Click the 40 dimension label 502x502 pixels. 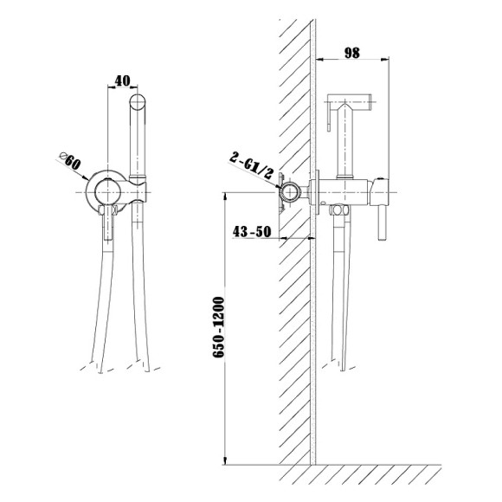[x=122, y=80]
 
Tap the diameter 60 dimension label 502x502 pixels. [x=70, y=161]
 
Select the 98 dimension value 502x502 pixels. [x=352, y=53]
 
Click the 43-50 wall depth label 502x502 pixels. [x=252, y=231]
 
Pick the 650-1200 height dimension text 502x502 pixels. [x=219, y=327]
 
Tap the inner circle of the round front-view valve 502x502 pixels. [x=108, y=192]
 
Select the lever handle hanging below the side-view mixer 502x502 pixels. [x=382, y=222]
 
